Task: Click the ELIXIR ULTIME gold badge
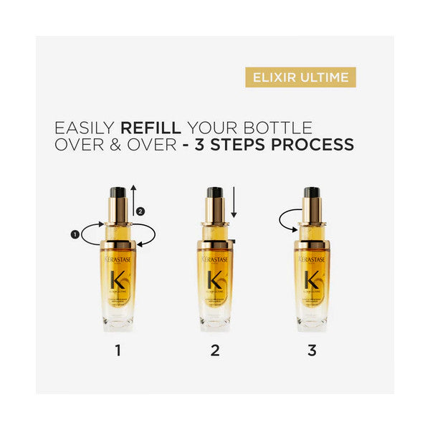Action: click(300, 77)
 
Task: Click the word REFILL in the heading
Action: click(151, 128)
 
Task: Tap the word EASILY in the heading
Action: click(85, 128)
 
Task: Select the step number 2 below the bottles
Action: click(215, 352)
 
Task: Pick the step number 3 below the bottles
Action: click(311, 352)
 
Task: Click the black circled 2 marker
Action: click(141, 211)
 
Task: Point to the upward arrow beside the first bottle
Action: click(133, 201)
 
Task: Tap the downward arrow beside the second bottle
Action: click(234, 203)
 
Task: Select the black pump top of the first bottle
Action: click(118, 192)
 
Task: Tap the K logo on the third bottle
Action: click(311, 278)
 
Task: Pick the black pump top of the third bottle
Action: click(311, 192)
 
